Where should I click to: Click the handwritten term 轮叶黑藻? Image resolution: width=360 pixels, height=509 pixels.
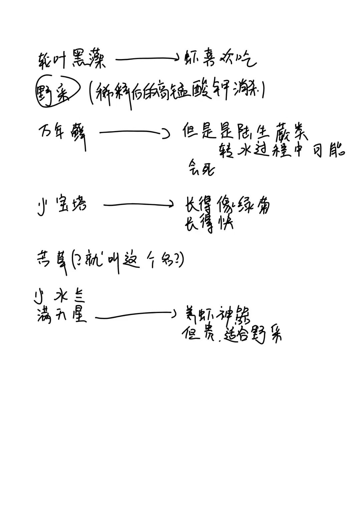(x=72, y=61)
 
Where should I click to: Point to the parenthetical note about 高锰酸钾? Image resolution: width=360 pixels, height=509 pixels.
(x=177, y=92)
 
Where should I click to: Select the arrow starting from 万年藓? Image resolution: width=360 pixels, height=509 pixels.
(x=133, y=133)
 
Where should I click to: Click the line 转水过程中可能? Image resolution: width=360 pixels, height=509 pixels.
(x=282, y=151)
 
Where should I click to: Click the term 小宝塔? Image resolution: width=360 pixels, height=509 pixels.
(x=62, y=204)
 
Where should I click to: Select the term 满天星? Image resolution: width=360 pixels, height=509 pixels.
(x=62, y=315)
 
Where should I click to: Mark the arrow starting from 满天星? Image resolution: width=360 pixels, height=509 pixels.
(x=135, y=314)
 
